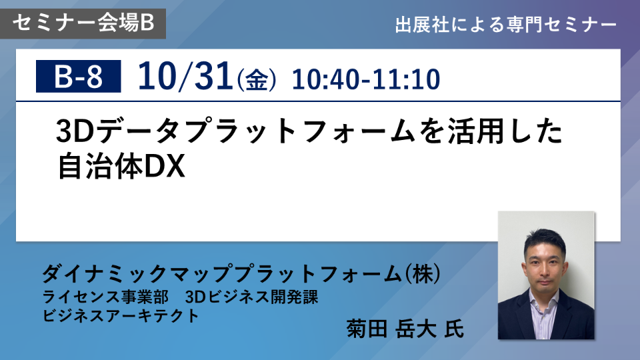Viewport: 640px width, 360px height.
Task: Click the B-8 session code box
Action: tap(79, 76)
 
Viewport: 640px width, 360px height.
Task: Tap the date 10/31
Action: tap(185, 76)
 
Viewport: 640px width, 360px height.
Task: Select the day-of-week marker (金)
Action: tap(256, 80)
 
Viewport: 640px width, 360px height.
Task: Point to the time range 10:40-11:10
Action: tap(366, 79)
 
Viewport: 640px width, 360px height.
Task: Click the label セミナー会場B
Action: tap(83, 23)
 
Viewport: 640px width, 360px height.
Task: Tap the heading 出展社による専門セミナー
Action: tap(506, 25)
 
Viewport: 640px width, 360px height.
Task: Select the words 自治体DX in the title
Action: tap(121, 166)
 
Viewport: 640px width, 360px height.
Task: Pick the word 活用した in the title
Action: tap(505, 131)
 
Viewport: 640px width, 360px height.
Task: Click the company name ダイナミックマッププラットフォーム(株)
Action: tap(241, 273)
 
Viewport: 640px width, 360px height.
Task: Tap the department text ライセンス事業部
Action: tap(105, 297)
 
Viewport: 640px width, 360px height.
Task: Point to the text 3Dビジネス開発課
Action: tap(251, 297)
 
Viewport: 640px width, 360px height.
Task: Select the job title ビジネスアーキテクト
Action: tap(121, 315)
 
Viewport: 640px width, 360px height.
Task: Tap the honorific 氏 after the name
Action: tap(454, 329)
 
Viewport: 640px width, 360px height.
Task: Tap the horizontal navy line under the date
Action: tap(318, 101)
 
